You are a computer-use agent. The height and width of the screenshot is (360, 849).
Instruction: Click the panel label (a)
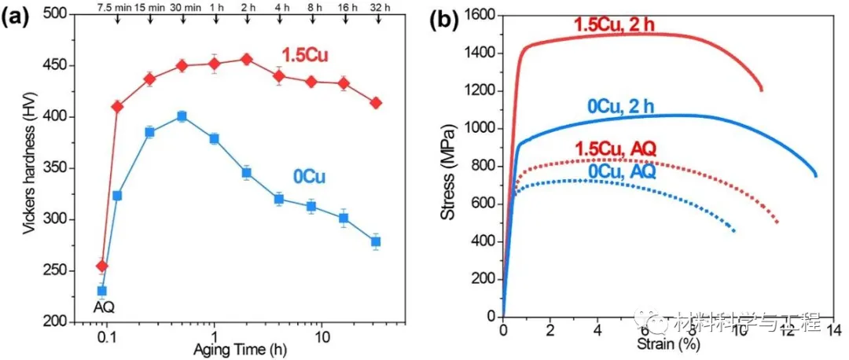17,19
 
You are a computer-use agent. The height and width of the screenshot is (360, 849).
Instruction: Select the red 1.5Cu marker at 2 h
246,59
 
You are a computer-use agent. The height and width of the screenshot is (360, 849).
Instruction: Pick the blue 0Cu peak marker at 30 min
182,116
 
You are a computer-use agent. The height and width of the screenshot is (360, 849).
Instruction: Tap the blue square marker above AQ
101,291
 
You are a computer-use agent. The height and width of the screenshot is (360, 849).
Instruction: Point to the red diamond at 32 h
376,103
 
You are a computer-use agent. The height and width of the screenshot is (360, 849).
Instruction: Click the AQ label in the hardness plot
101,308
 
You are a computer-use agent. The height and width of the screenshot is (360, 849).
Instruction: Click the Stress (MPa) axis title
447,168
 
